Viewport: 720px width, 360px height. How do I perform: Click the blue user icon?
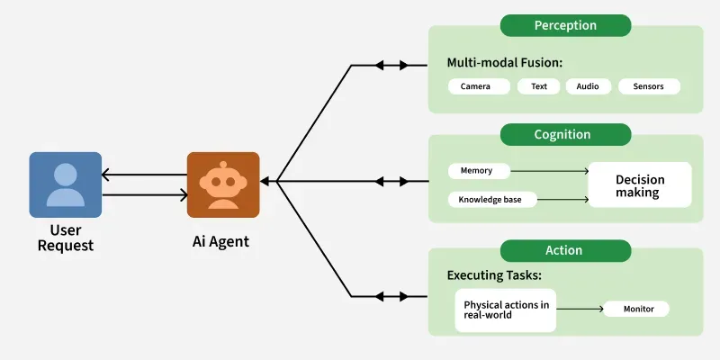coord(65,184)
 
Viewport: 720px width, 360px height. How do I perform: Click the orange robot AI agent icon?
coord(222,184)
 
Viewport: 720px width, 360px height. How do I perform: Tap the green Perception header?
coord(565,25)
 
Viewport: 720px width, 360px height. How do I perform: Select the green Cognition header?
coord(565,135)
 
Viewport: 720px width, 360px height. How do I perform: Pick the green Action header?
coord(565,250)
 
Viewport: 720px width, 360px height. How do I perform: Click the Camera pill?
coord(474,87)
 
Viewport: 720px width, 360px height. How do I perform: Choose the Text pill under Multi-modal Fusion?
coord(538,87)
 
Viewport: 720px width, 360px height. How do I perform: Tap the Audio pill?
coord(588,87)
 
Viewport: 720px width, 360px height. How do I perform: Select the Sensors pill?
coord(648,87)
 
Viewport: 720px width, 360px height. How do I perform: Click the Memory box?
coord(481,170)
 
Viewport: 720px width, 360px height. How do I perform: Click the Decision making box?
coord(639,185)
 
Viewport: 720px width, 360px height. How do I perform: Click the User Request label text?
coord(65,238)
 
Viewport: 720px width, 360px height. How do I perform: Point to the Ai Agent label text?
coord(221,241)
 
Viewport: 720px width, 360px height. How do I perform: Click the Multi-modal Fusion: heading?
coord(504,63)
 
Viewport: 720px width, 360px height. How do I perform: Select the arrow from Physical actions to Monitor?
coord(580,309)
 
